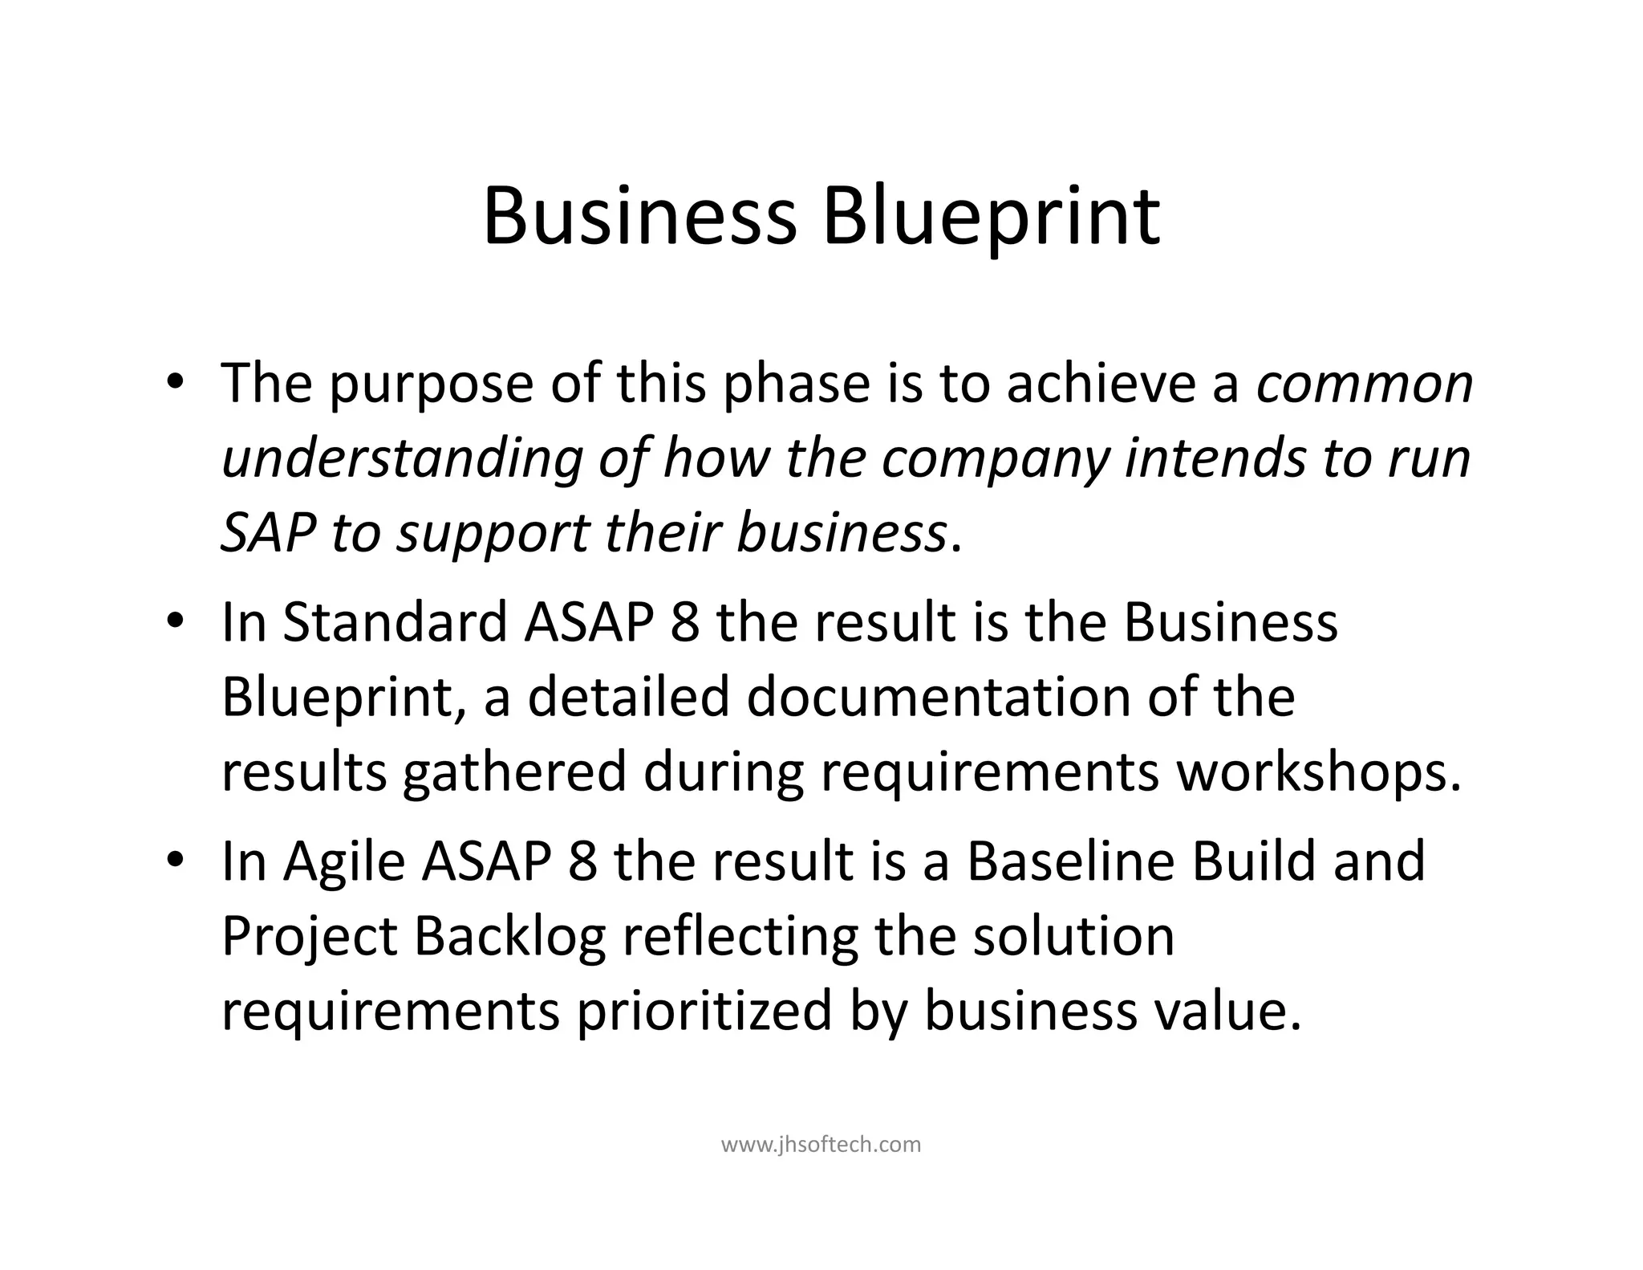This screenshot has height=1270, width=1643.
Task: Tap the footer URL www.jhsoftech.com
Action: [x=821, y=1144]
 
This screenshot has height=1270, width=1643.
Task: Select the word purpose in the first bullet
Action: [x=431, y=385]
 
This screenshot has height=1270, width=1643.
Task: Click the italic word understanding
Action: [x=401, y=461]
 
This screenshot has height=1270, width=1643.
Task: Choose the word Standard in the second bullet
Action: [x=396, y=622]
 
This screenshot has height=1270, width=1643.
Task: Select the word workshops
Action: [x=1318, y=772]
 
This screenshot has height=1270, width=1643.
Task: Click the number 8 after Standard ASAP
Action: [x=684, y=623]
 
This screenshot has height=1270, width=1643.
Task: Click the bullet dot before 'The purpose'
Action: [x=176, y=384]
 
